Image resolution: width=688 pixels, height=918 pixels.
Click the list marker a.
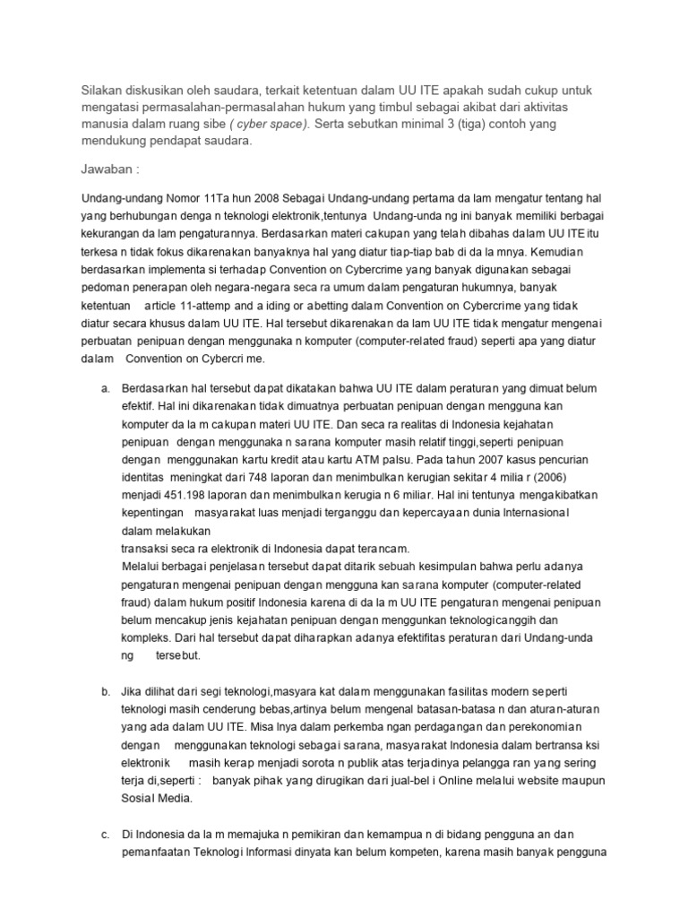(x=105, y=387)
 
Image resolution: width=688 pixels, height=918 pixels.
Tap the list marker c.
(x=105, y=834)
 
